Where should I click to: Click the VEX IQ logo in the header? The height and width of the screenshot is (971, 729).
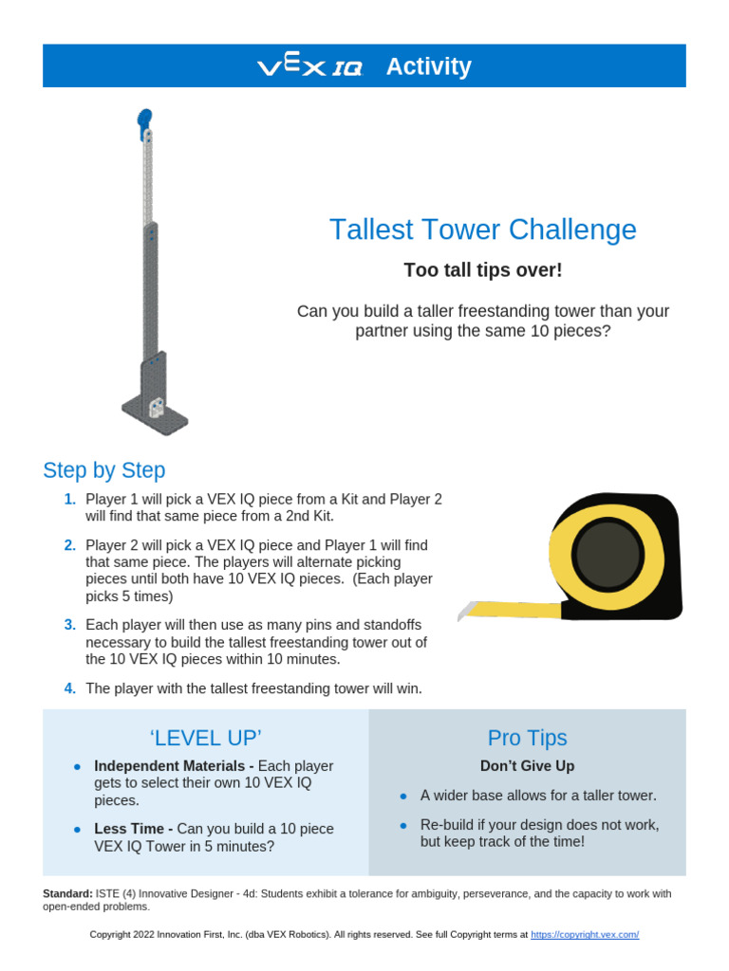[309, 67]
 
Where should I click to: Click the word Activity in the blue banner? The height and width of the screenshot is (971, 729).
[428, 66]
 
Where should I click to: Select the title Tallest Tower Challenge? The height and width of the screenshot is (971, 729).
[482, 229]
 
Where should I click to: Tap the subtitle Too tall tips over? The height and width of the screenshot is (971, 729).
[482, 270]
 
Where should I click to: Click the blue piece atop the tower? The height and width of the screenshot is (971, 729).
[144, 119]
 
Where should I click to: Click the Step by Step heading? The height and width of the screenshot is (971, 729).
[104, 470]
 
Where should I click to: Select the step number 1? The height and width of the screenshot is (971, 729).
[69, 499]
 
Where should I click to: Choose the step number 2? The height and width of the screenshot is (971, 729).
[69, 545]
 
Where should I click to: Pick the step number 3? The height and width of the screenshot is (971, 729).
[69, 625]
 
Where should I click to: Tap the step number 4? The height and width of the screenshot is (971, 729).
[69, 688]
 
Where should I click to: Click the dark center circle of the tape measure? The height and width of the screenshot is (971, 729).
[608, 554]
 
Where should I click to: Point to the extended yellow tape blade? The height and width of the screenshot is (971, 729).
[503, 608]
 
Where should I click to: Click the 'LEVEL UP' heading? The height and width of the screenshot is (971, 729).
[205, 738]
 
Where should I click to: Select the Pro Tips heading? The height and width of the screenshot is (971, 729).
[527, 738]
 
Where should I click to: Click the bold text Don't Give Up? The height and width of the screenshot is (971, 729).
[527, 766]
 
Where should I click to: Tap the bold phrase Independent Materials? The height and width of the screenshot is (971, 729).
[172, 766]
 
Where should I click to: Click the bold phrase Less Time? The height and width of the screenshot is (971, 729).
[132, 829]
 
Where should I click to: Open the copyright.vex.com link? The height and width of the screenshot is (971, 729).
[584, 935]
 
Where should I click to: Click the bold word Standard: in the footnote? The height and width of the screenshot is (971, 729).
[66, 893]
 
